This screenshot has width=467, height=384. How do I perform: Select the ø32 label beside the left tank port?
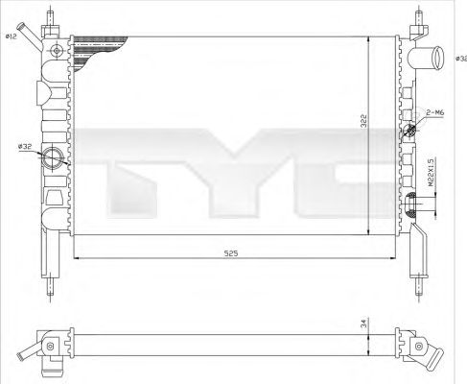24,146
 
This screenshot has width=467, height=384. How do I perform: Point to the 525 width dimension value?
231,253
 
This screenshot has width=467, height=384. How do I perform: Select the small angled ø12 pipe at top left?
34,34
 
